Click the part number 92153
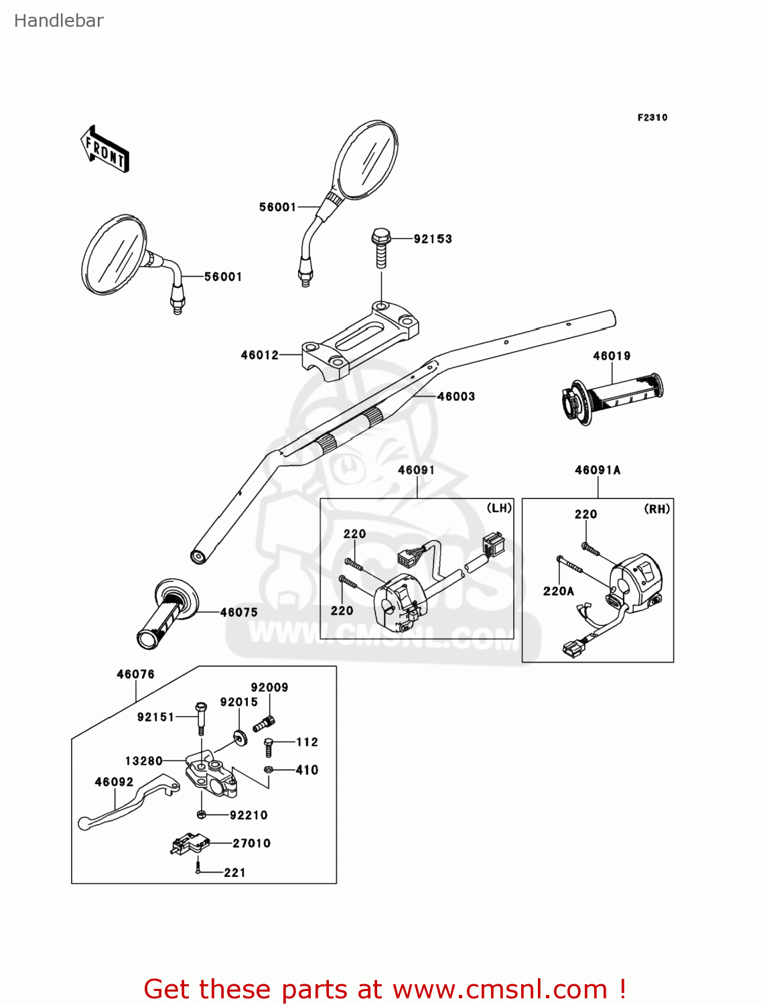(433, 239)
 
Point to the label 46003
(456, 397)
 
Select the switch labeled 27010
(190, 846)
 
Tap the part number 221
(234, 873)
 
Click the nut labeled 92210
(201, 815)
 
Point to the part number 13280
(144, 761)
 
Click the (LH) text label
(499, 509)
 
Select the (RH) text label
(657, 509)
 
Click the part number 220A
(559, 591)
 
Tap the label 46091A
(598, 470)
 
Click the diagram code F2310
(652, 118)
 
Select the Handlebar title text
(59, 21)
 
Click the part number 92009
(269, 687)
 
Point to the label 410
(307, 770)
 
